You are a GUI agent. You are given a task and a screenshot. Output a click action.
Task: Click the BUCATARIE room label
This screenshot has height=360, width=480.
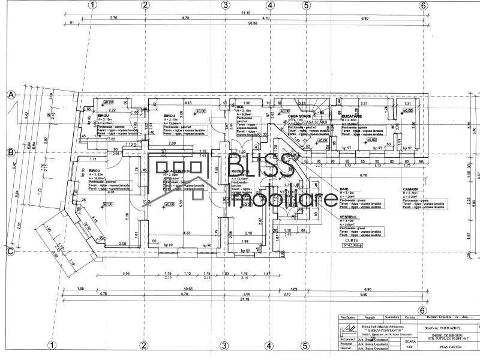pyautogui.click(x=352, y=116)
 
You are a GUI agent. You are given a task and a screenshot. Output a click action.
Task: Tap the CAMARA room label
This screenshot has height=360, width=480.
pyautogui.click(x=410, y=189)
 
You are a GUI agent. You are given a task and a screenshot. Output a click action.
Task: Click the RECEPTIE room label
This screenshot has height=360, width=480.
pyautogui.click(x=241, y=170)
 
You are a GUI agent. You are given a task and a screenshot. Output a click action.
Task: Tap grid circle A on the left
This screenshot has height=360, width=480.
pyautogui.click(x=10, y=95)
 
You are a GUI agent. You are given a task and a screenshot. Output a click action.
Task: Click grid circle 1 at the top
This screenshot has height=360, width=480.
pyautogui.click(x=92, y=5)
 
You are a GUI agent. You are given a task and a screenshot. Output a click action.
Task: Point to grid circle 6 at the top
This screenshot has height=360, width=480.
pyautogui.click(x=424, y=5)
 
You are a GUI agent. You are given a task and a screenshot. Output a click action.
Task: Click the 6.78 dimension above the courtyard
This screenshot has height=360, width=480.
pyautogui.click(x=363, y=175)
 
